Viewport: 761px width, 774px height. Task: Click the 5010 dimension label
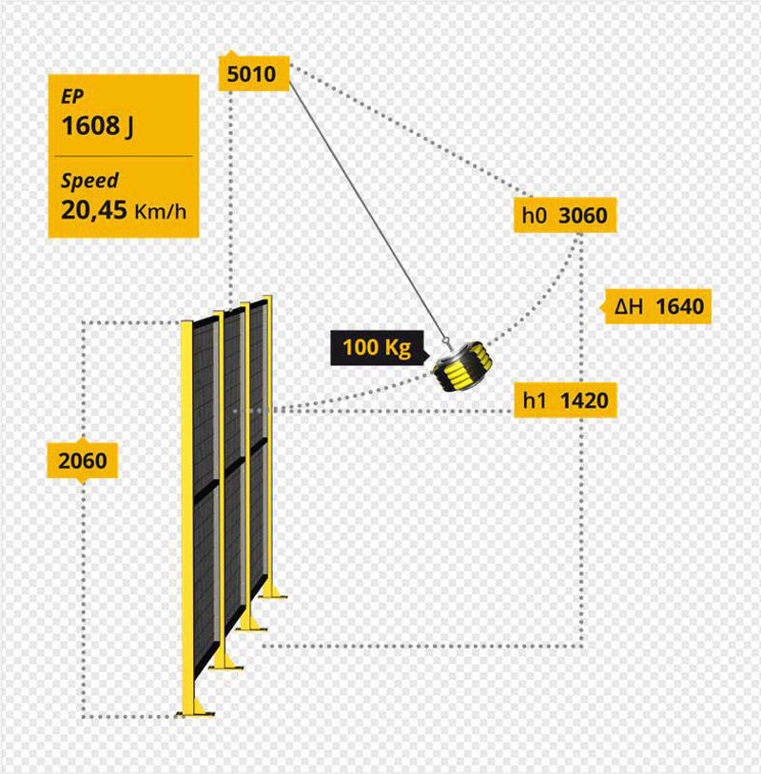(x=253, y=73)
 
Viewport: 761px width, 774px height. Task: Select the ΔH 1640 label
(x=658, y=306)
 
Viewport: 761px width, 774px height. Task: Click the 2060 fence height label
(x=83, y=462)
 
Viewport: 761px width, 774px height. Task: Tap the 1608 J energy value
(x=97, y=126)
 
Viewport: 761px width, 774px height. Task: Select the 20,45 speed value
(x=94, y=209)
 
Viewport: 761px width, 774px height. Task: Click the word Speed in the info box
(x=89, y=181)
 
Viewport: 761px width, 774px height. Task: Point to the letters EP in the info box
(x=71, y=97)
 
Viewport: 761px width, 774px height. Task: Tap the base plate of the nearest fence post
(x=194, y=711)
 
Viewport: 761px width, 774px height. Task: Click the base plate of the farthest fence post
(x=274, y=593)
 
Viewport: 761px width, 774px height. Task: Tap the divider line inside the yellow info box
(x=124, y=155)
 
